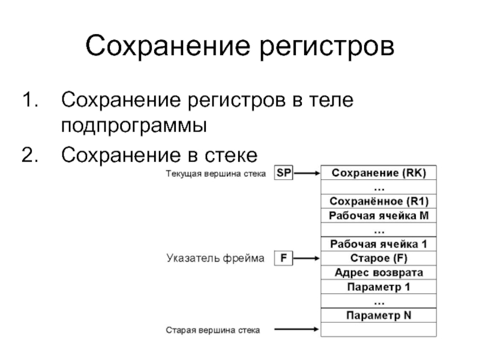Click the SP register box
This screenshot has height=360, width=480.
tap(284, 173)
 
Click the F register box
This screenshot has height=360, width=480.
tap(283, 259)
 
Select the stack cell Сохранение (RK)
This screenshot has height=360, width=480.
tap(379, 173)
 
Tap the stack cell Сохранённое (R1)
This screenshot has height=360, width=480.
tap(379, 202)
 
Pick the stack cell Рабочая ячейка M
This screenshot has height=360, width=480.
tap(379, 215)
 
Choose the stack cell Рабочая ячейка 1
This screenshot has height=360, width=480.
tap(379, 244)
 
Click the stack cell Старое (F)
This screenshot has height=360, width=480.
tap(379, 259)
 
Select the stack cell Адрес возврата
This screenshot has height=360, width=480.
tap(379, 273)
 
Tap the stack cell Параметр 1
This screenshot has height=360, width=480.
tap(379, 287)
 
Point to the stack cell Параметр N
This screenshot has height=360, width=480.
tap(379, 315)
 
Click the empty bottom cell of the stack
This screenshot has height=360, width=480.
tap(379, 329)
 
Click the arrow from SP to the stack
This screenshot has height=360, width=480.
tap(307, 173)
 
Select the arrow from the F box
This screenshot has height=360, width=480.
tap(307, 259)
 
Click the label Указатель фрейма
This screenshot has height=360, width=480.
tap(215, 259)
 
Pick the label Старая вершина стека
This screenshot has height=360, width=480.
tap(213, 330)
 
